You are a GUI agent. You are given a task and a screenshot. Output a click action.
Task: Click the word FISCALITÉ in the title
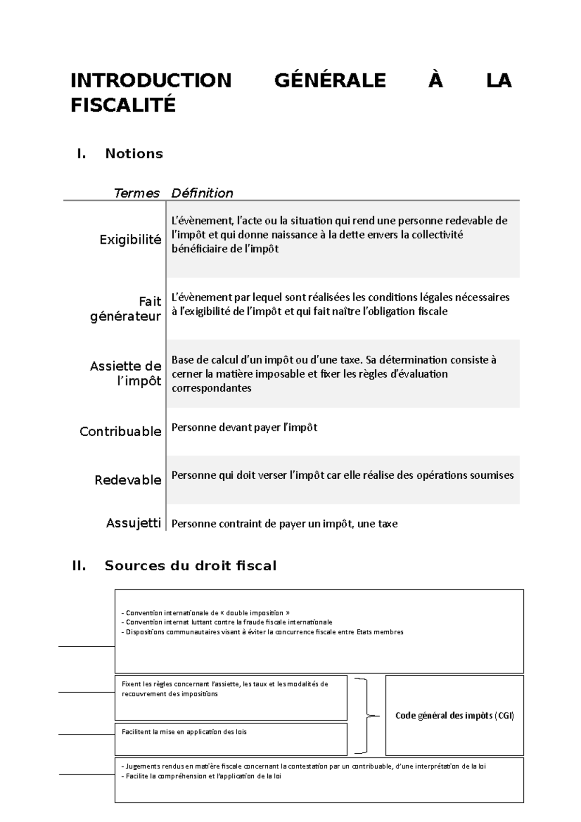click(123, 105)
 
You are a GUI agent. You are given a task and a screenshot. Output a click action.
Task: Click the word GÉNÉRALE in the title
click(330, 80)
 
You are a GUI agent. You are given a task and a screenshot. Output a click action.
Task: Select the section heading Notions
click(134, 154)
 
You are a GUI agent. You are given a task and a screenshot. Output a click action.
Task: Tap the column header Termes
click(137, 193)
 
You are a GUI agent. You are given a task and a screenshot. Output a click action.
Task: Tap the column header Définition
click(202, 193)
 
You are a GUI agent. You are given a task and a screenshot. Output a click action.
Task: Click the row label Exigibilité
click(130, 240)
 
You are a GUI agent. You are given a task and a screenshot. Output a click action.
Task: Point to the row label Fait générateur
click(126, 309)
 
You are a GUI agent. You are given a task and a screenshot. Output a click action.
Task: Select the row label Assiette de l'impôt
click(126, 373)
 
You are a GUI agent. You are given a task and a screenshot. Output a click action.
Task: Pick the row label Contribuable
click(120, 431)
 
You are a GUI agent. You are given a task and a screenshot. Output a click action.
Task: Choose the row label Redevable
click(128, 480)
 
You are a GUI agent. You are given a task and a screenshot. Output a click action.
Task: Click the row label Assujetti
click(133, 523)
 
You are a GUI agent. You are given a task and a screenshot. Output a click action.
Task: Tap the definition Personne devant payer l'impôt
click(245, 427)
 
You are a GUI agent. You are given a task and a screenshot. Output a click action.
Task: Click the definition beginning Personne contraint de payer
click(285, 524)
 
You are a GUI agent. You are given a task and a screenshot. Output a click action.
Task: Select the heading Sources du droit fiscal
click(190, 565)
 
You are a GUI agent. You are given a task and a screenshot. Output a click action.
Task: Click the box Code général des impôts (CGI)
click(454, 715)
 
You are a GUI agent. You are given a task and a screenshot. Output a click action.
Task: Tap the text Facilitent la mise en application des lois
click(184, 732)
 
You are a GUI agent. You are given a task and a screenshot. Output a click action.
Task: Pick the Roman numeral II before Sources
click(79, 565)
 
